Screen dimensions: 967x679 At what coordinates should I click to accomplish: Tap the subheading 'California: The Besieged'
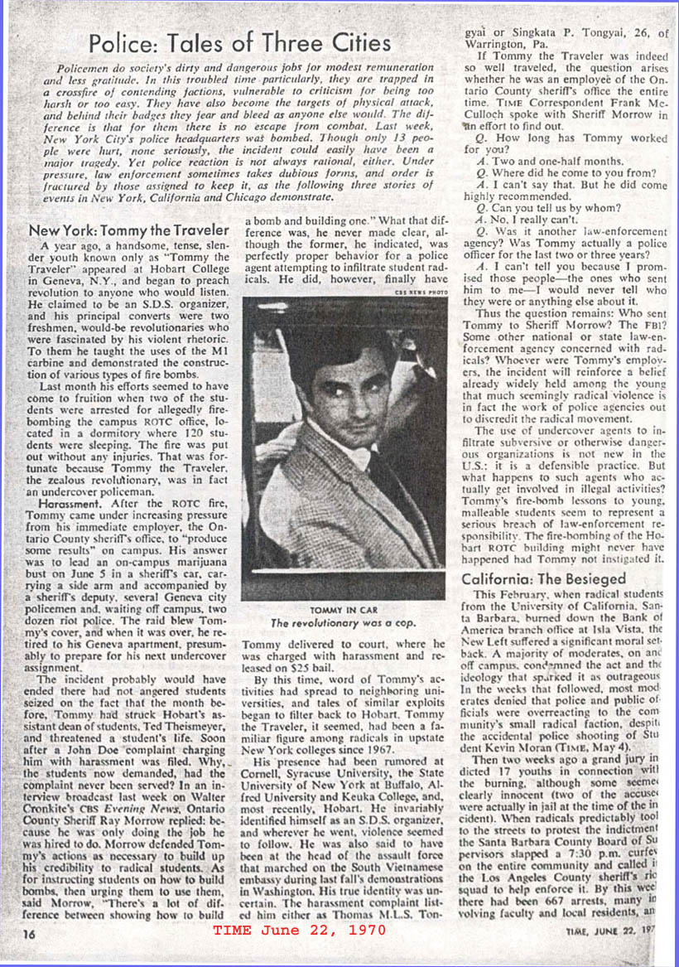pos(543,579)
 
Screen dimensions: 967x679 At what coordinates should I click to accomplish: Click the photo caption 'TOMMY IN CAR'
pos(343,610)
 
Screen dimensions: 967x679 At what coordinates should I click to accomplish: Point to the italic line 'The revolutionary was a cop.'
pos(343,623)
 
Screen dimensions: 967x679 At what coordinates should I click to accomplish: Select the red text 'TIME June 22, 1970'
pos(299,930)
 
